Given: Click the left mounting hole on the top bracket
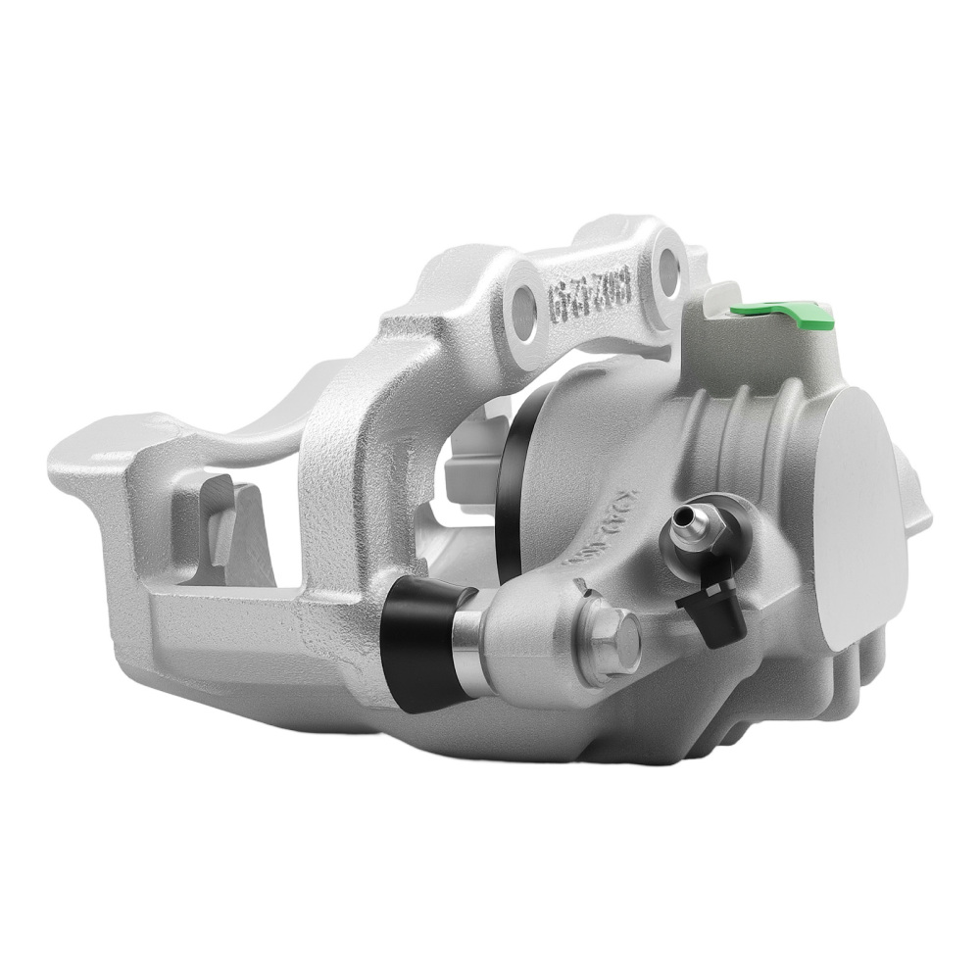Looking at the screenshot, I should pos(525,311).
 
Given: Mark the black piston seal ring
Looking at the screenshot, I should pos(510,461).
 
